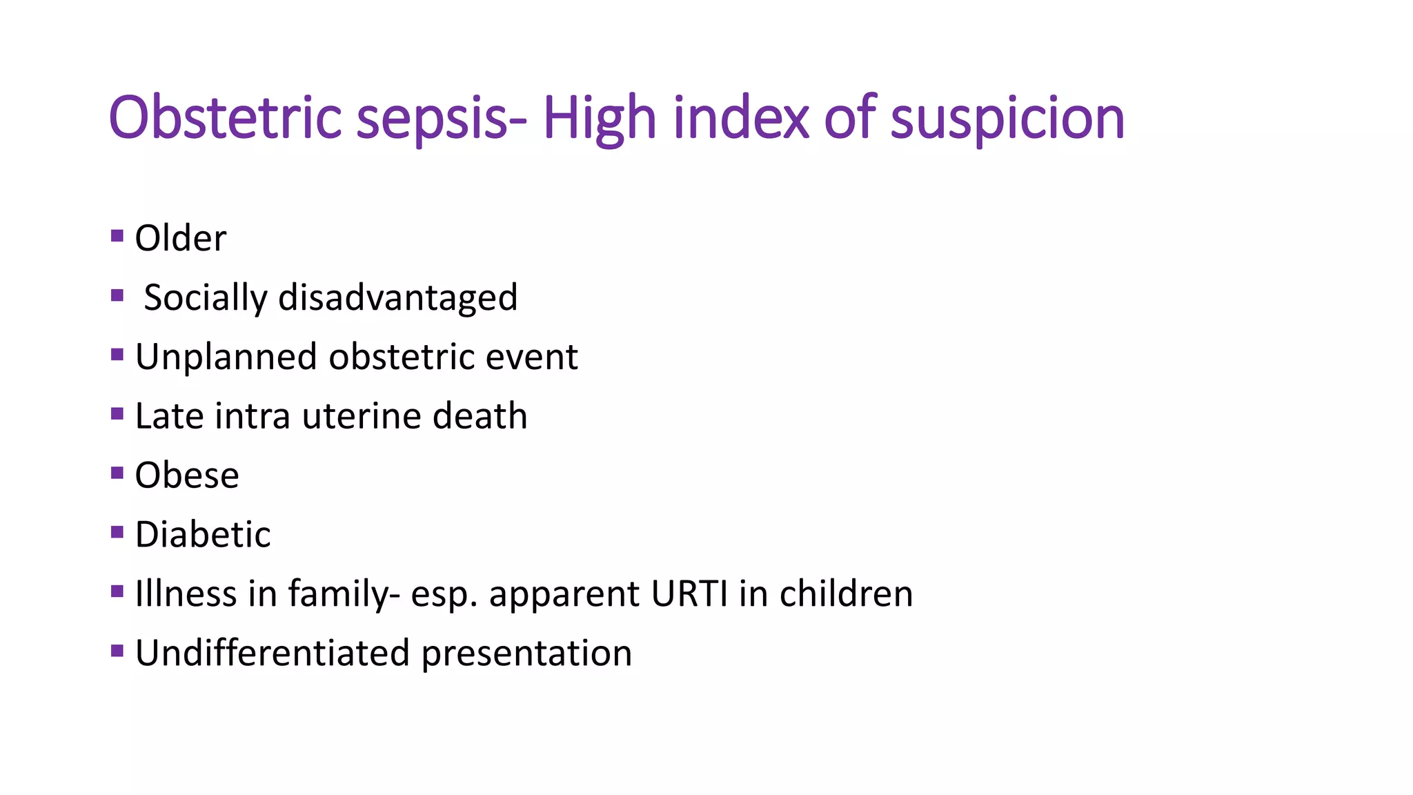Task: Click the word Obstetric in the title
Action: [225, 118]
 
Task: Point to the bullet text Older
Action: [180, 239]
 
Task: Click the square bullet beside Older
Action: [117, 237]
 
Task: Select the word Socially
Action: [205, 298]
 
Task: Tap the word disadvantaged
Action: [397, 298]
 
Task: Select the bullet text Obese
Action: [187, 476]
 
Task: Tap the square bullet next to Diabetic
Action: [117, 532]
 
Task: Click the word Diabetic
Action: [203, 535]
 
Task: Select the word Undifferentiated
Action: [272, 654]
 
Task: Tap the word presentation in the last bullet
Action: [526, 654]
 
